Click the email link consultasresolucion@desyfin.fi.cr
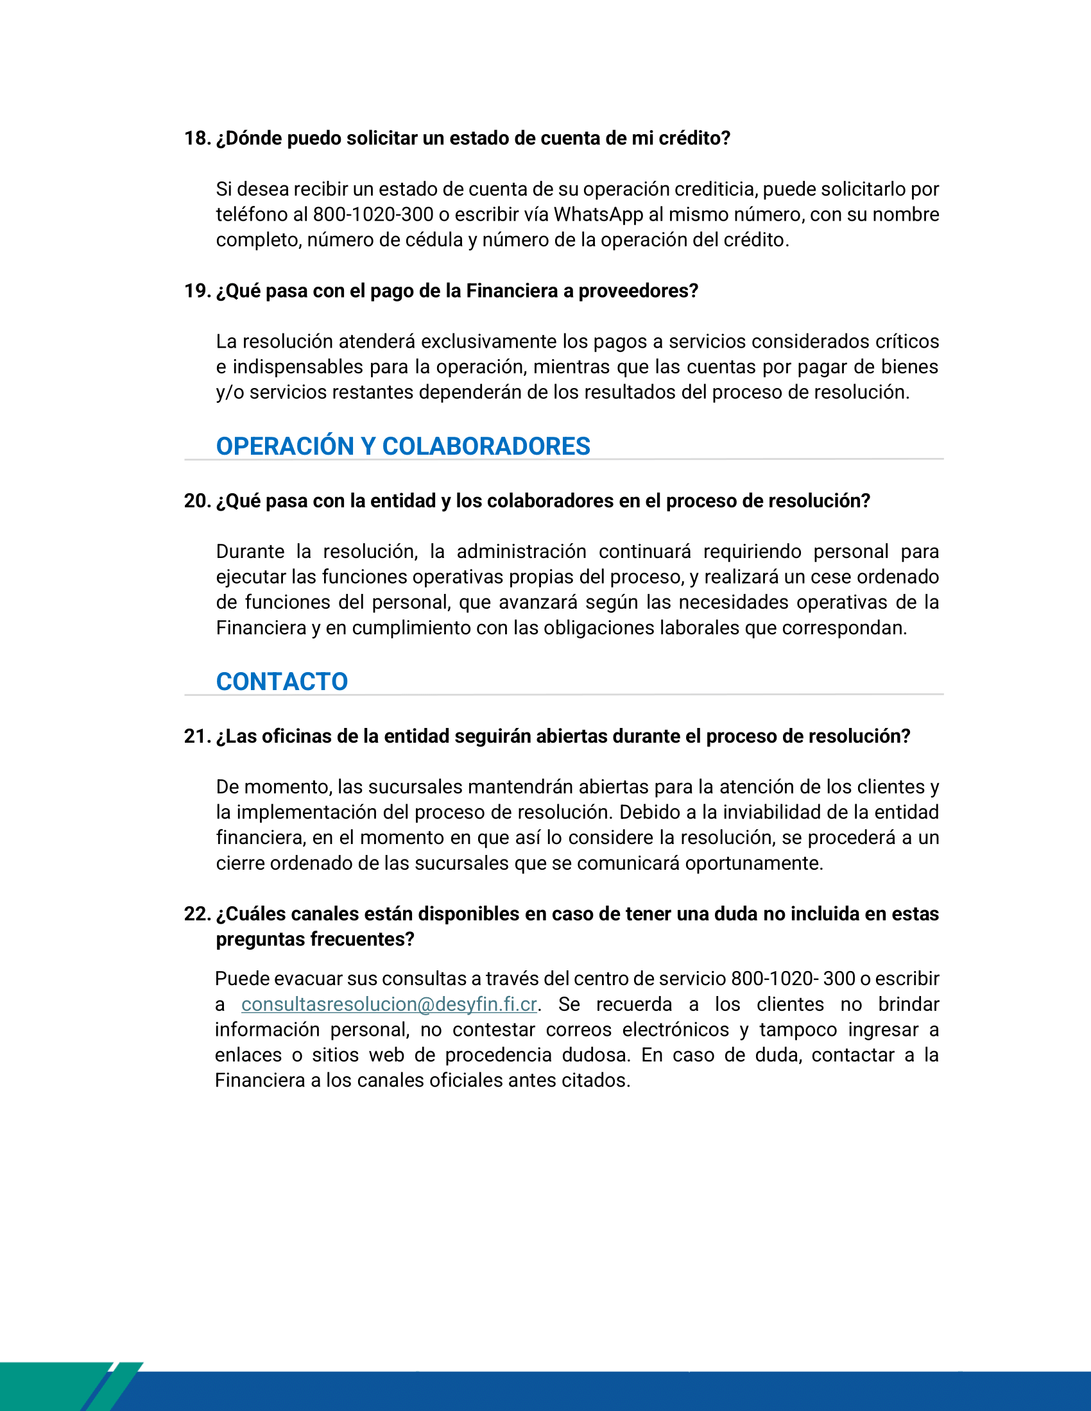pyautogui.click(x=388, y=1004)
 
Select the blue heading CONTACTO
pyautogui.click(x=282, y=682)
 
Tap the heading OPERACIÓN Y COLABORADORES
pyautogui.click(x=402, y=446)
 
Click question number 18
pyautogui.click(x=197, y=139)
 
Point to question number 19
pyautogui.click(x=197, y=291)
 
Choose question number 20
pyautogui.click(x=197, y=501)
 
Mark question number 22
pyautogui.click(x=197, y=913)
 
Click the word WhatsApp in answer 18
pyautogui.click(x=598, y=214)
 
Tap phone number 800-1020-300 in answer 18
pyautogui.click(x=373, y=214)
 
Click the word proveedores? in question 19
pyautogui.click(x=638, y=291)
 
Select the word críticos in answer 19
pyautogui.click(x=907, y=341)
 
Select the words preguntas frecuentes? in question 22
pyautogui.click(x=314, y=939)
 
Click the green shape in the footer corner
pyautogui.click(x=52, y=1383)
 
